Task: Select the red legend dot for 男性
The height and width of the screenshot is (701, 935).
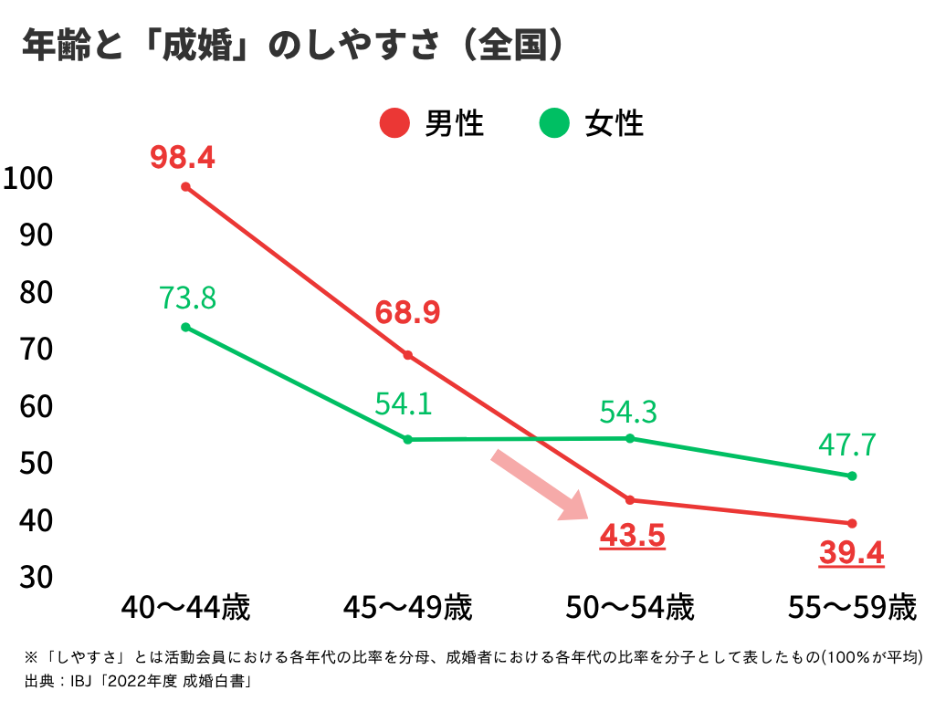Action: point(394,122)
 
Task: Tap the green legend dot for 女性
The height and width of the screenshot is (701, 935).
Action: point(554,122)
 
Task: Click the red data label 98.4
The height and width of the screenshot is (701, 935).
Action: point(183,158)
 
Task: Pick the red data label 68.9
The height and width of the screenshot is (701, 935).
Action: point(407,313)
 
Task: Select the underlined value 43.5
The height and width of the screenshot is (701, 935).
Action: point(632,537)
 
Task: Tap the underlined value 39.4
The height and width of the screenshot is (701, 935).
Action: point(851,552)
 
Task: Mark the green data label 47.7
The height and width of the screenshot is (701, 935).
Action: point(848,445)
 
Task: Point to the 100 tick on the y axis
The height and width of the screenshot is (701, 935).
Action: point(29,178)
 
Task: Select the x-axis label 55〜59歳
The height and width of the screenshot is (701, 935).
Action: point(852,608)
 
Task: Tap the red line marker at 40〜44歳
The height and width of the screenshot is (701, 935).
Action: point(185,187)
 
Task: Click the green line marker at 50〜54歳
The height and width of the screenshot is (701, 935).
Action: point(630,438)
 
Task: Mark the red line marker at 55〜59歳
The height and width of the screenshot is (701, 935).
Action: point(852,523)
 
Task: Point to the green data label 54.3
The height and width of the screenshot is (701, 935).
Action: point(628,412)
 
